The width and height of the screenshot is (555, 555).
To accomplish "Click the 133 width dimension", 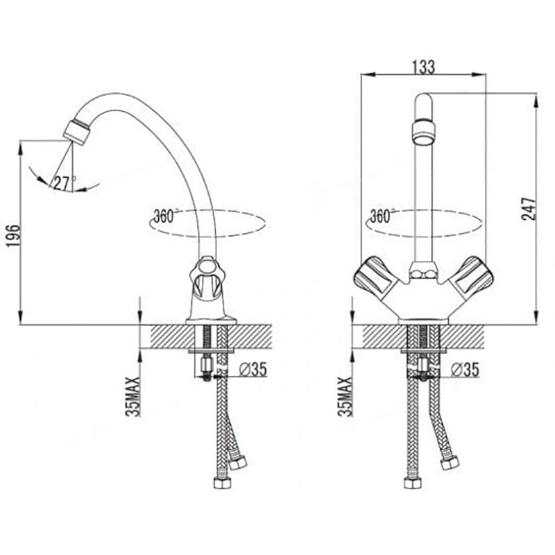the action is click(x=424, y=67).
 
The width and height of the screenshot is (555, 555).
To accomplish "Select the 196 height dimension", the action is click(x=13, y=235).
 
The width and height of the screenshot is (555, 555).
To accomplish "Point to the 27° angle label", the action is click(x=64, y=183).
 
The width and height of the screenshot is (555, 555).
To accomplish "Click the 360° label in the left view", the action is click(x=166, y=216).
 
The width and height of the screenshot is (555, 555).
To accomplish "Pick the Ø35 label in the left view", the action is click(x=253, y=370).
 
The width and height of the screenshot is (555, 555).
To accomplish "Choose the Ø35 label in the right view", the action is click(x=465, y=370).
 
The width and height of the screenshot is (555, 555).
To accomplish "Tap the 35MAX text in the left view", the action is click(x=133, y=396).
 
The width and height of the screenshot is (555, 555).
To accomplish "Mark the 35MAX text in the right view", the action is click(x=345, y=396).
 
